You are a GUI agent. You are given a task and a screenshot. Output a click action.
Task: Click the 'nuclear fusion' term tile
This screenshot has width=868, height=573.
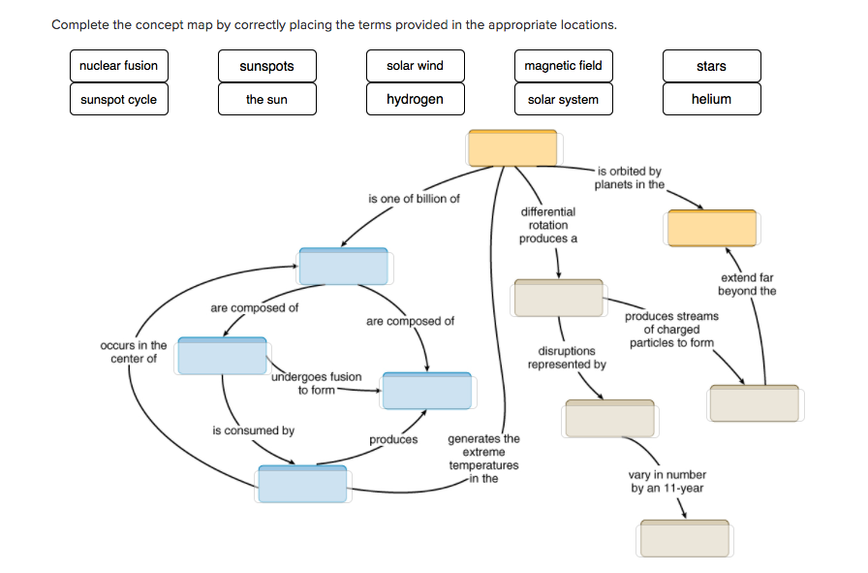pyautogui.click(x=118, y=66)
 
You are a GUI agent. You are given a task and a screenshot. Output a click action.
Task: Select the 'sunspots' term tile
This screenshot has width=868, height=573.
pyautogui.click(x=266, y=66)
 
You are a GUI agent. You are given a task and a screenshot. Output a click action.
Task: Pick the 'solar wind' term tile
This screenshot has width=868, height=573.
pyautogui.click(x=415, y=66)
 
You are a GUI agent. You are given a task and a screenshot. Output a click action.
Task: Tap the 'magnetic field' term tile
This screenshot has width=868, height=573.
pyautogui.click(x=563, y=66)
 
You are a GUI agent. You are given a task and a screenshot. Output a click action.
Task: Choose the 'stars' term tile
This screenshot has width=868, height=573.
pyautogui.click(x=711, y=66)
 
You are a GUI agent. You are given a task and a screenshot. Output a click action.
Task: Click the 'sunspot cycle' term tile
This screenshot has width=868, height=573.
pyautogui.click(x=118, y=99)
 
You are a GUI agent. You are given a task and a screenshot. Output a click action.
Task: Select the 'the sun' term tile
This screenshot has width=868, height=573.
pyautogui.click(x=266, y=99)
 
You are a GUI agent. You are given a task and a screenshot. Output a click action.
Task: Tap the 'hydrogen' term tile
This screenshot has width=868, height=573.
pyautogui.click(x=415, y=99)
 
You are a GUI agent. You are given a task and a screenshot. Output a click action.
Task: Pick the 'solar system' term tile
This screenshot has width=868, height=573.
pyautogui.click(x=563, y=99)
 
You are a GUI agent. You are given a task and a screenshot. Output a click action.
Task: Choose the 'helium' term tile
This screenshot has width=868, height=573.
pyautogui.click(x=711, y=99)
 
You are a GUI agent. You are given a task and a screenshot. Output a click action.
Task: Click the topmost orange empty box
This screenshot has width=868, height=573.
pyautogui.click(x=512, y=148)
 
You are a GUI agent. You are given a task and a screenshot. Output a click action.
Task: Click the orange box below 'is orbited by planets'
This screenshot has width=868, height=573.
pyautogui.click(x=711, y=228)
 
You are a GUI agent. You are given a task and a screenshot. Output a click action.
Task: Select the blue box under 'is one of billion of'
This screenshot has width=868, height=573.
pyautogui.click(x=343, y=267)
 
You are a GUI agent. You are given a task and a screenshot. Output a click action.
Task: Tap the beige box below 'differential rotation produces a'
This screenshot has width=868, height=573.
pyautogui.click(x=558, y=298)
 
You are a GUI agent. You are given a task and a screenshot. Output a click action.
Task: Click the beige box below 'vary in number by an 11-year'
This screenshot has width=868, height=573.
pyautogui.click(x=683, y=538)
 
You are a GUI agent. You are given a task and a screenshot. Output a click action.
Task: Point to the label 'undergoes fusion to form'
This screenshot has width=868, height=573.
pyautogui.click(x=316, y=384)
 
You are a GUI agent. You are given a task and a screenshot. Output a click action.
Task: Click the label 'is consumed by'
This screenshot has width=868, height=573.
pyautogui.click(x=253, y=430)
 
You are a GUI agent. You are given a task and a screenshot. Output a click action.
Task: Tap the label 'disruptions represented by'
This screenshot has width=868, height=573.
pyautogui.click(x=567, y=358)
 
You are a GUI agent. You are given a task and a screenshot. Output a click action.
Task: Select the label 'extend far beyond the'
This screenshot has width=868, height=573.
pyautogui.click(x=746, y=284)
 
